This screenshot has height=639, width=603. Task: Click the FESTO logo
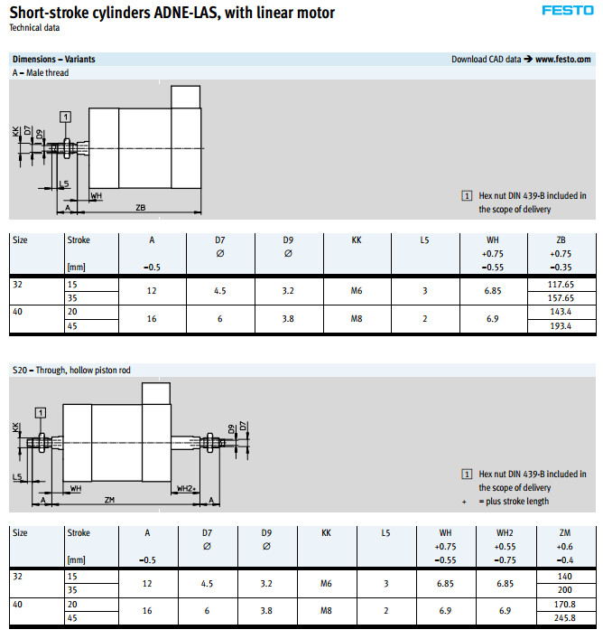[x=568, y=12]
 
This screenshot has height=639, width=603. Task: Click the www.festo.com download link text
[x=564, y=60]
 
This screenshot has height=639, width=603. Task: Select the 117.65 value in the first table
[x=561, y=284]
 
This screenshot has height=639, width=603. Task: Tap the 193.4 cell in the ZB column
[x=561, y=325]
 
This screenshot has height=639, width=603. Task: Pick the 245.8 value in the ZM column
[x=565, y=618]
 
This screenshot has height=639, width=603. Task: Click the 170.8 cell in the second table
[x=565, y=605]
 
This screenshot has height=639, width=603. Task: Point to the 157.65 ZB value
[x=561, y=298]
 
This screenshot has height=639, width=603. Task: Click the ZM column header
[x=565, y=533]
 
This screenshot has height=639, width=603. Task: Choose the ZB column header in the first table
[x=561, y=240]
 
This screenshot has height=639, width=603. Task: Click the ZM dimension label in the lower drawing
[x=109, y=500]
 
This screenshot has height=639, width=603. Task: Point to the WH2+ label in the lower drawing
[x=187, y=488]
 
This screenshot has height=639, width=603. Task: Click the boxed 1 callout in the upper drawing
[x=66, y=117]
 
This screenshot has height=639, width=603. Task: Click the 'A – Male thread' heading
[x=41, y=73]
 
